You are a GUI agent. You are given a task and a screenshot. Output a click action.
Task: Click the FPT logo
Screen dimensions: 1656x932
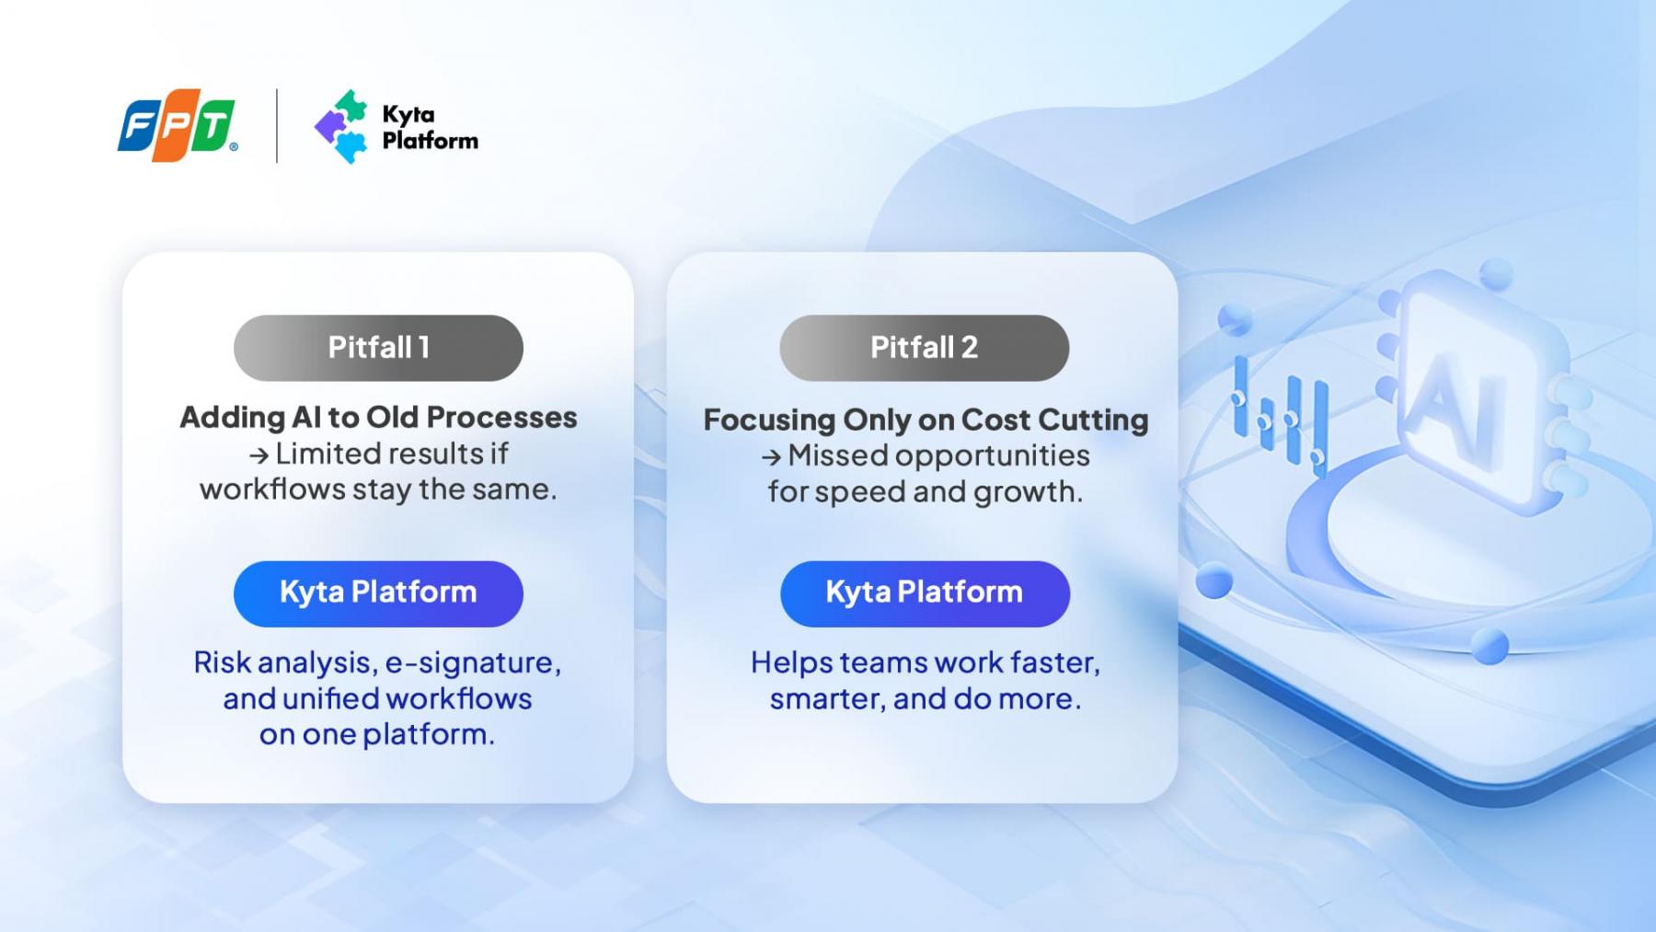pyautogui.click(x=176, y=125)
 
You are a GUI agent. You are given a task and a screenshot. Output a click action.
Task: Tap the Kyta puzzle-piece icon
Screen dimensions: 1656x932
pyautogui.click(x=341, y=127)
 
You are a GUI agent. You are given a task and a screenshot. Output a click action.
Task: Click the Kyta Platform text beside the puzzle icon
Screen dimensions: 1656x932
pyautogui.click(x=430, y=127)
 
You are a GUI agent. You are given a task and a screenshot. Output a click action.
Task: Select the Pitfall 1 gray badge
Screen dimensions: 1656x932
pyautogui.click(x=378, y=348)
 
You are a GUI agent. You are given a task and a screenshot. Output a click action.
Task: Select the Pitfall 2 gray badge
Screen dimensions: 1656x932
pyautogui.click(x=924, y=348)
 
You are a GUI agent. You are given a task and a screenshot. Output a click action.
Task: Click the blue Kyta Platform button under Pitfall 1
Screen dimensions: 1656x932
pyautogui.click(x=378, y=593)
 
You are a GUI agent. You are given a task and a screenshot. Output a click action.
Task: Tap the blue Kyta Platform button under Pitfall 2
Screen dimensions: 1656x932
pyautogui.click(x=925, y=593)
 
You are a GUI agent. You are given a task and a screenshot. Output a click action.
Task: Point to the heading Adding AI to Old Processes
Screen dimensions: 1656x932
pyautogui.click(x=378, y=417)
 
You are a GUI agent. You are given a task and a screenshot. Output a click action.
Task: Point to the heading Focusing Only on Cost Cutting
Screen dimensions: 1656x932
pyautogui.click(x=926, y=420)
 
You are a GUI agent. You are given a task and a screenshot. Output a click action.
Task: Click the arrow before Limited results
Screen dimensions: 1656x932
pyautogui.click(x=259, y=455)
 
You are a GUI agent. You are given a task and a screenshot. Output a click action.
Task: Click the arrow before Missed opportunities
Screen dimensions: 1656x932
pyautogui.click(x=771, y=457)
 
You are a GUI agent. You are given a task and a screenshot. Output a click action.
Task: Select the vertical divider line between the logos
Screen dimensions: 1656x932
pyautogui.click(x=277, y=126)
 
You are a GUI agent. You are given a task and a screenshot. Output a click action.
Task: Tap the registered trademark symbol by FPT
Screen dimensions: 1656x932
pyautogui.click(x=234, y=146)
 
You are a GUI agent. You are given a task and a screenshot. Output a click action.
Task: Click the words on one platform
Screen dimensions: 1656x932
pyautogui.click(x=377, y=734)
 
